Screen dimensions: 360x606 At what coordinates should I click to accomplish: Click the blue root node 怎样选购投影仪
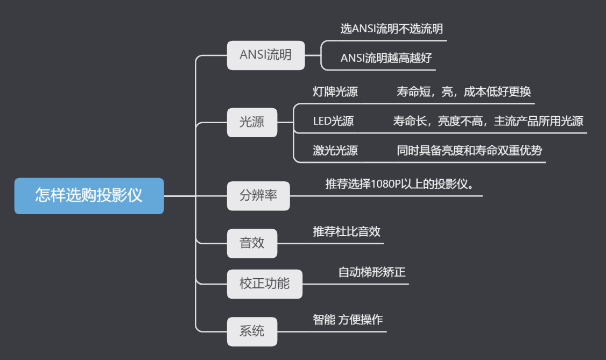89,195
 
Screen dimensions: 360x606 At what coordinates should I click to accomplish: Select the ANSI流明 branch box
266,55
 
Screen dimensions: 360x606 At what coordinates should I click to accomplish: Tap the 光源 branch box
252,122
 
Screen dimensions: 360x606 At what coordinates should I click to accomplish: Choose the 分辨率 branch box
258,196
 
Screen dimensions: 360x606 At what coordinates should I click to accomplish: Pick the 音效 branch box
252,243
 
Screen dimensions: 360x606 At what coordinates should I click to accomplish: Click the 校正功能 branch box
264,284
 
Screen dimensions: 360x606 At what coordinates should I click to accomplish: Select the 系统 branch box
252,331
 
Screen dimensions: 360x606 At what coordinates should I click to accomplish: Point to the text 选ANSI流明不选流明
392,29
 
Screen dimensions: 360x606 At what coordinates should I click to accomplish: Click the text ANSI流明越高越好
386,58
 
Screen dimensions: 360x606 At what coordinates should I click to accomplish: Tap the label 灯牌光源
335,92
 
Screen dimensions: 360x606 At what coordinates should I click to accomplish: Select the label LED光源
333,121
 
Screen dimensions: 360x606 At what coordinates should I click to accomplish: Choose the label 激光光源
335,151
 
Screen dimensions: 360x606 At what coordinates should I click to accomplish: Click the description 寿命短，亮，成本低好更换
463,92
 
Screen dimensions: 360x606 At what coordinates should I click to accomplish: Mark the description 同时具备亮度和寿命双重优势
469,151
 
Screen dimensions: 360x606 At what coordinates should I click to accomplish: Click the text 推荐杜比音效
347,232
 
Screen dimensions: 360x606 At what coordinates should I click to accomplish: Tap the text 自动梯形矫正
371,272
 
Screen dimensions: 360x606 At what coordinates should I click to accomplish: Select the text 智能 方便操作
348,320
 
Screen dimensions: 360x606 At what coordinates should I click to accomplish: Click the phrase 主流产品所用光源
538,121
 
